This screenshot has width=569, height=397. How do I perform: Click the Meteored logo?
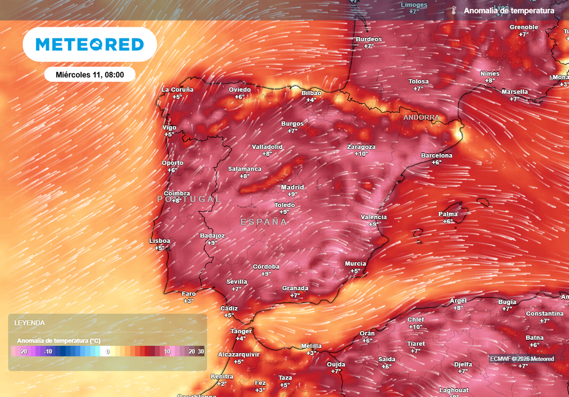pyautogui.click(x=89, y=44)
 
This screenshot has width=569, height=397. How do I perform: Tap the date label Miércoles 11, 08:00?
pyautogui.click(x=89, y=74)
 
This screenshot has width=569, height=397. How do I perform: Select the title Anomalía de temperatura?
pyautogui.click(x=509, y=11)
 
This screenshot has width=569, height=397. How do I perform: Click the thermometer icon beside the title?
pyautogui.click(x=453, y=11)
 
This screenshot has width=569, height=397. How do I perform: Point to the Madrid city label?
pyautogui.click(x=292, y=187)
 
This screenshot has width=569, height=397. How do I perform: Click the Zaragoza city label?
pyautogui.click(x=361, y=147)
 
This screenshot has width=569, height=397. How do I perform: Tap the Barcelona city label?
pyautogui.click(x=436, y=155)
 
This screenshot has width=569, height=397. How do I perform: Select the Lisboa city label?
pyautogui.click(x=159, y=241)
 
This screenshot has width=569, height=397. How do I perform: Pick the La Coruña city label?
pyautogui.click(x=177, y=90)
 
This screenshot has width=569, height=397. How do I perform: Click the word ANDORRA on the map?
pyautogui.click(x=421, y=118)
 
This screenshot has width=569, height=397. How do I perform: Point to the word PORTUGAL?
pyautogui.click(x=189, y=198)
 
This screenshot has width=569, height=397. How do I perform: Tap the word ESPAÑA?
pyautogui.click(x=264, y=222)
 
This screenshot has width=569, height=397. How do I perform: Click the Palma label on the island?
pyautogui.click(x=448, y=214)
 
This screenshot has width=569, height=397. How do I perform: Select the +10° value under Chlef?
pyautogui.click(x=416, y=327)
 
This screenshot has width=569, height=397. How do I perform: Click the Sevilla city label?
pyautogui.click(x=237, y=282)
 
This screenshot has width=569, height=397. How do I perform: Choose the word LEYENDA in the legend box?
pyautogui.click(x=29, y=322)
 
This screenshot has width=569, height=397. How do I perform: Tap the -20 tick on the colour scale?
pyautogui.click(x=23, y=351)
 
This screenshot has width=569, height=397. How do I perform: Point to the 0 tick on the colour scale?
pyautogui.click(x=108, y=351)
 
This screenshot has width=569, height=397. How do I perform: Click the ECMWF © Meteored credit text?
pyautogui.click(x=522, y=359)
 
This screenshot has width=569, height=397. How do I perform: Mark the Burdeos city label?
pyautogui.click(x=369, y=39)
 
